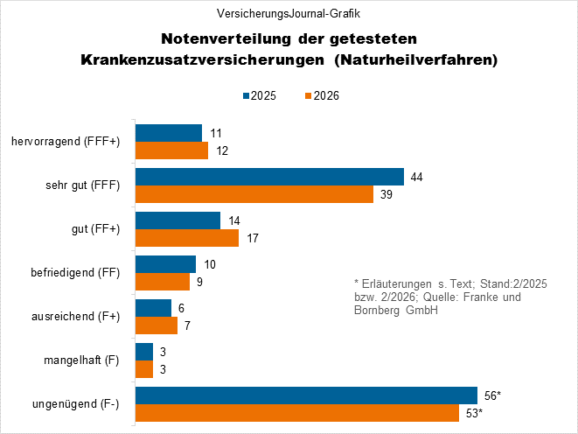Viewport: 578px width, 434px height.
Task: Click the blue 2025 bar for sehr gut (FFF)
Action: [269, 177]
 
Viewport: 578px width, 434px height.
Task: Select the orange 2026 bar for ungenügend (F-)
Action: [297, 412]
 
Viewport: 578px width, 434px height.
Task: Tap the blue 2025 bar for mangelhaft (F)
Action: [144, 352]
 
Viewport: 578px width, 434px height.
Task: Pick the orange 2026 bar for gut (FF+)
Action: [187, 237]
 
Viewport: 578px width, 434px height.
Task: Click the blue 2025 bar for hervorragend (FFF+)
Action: [169, 133]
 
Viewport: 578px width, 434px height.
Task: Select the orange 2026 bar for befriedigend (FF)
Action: [163, 281]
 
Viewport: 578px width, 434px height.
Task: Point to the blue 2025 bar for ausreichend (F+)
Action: [153, 308]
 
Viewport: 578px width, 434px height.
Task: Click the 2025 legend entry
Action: [258, 95]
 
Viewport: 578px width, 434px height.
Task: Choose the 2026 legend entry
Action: [320, 95]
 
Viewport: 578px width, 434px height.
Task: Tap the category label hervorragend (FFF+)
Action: [67, 142]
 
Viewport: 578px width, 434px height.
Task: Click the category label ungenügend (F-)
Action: [78, 404]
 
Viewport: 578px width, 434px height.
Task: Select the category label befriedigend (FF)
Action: [74, 273]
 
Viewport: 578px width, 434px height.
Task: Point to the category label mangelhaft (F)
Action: [81, 360]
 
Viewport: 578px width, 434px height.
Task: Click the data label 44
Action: [417, 177]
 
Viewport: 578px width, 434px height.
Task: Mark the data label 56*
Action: [492, 395]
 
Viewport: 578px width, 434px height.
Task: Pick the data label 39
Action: [386, 193]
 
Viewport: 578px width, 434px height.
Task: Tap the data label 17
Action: [252, 237]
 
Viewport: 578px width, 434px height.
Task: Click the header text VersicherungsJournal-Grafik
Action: [289, 14]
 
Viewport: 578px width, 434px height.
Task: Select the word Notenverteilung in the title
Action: [217, 39]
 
